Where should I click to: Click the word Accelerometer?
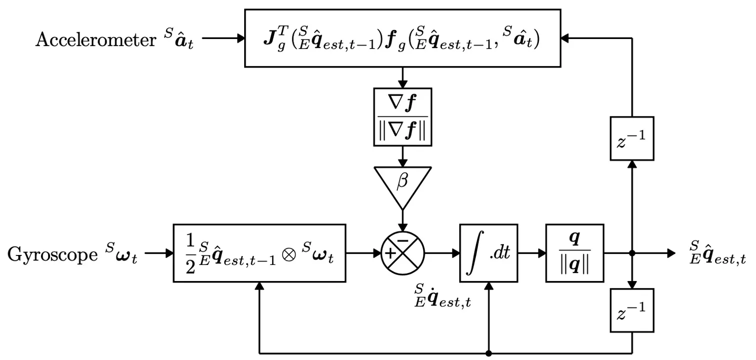[x=96, y=40]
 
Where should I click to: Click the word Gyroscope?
[x=53, y=254]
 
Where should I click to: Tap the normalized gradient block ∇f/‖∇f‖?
[x=402, y=117]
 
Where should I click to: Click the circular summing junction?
[x=402, y=253]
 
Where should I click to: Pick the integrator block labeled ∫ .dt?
[x=488, y=253]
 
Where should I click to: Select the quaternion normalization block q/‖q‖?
[x=574, y=253]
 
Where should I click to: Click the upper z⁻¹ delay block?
[x=632, y=138]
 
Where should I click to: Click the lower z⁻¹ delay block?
[x=632, y=310]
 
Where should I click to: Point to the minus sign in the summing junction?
[x=403, y=242]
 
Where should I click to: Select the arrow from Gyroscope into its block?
[x=158, y=253]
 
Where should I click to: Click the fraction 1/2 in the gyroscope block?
[x=189, y=253]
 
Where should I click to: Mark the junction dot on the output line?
[x=632, y=253]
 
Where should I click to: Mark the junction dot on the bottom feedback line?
[x=488, y=353]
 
